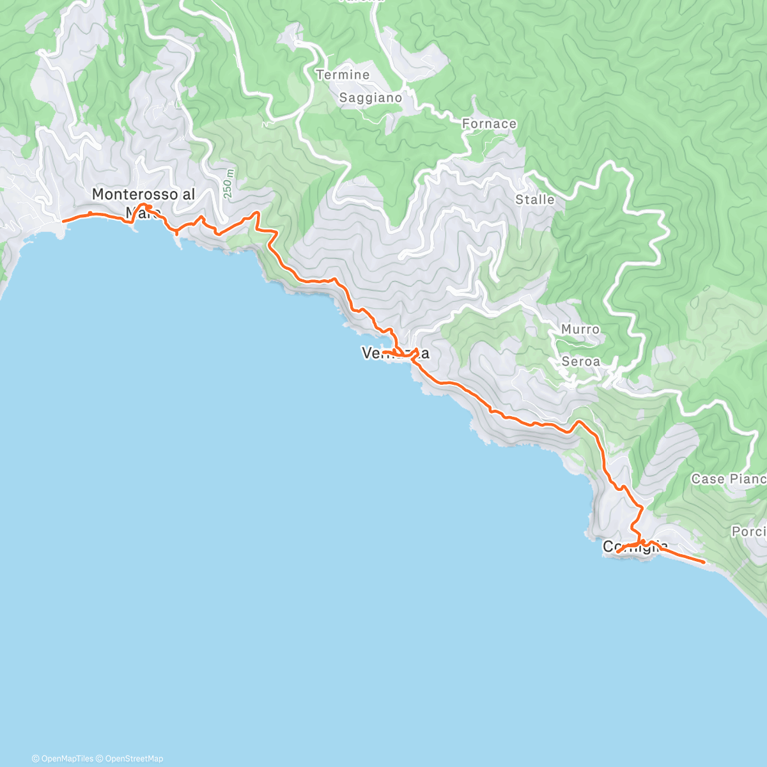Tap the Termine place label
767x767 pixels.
pos(343,75)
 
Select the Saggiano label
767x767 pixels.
pos(371,98)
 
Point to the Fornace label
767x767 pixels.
pos(489,123)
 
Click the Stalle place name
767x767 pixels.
pos(535,199)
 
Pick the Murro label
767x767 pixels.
pos(580,329)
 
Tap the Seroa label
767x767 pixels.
pos(580,361)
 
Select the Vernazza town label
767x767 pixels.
pos(395,353)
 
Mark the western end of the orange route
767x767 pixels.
pos(63,221)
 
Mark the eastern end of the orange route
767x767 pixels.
pos(704,562)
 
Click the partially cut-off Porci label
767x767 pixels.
pos(748,531)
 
